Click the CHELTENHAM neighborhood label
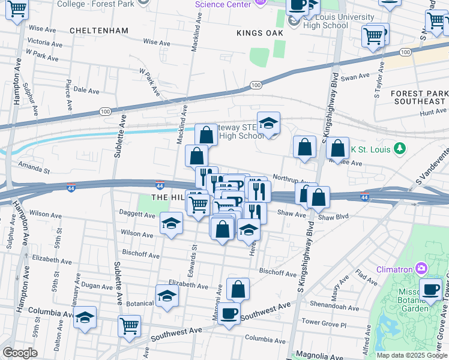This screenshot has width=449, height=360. pyautogui.click(x=99, y=30)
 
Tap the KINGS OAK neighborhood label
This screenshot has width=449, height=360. pyautogui.click(x=259, y=33)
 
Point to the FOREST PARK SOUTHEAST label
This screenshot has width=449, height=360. pyautogui.click(x=418, y=98)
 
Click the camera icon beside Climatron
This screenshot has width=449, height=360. pyautogui.click(x=423, y=267)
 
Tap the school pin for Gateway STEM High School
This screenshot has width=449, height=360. pyautogui.click(x=268, y=124)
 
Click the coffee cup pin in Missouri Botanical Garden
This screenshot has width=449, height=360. pyautogui.click(x=430, y=289)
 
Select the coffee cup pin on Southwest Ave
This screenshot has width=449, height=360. pyautogui.click(x=228, y=313)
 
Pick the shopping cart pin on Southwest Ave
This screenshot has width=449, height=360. pyautogui.click(x=129, y=326)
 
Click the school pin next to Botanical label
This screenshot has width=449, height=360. pyautogui.click(x=167, y=295)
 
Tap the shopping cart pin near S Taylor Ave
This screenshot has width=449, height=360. pyautogui.click(x=373, y=36)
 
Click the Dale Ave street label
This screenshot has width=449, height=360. pyautogui.click(x=86, y=90)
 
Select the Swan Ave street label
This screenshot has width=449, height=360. pyautogui.click(x=355, y=77)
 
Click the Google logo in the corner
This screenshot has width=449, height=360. pyautogui.click(x=20, y=353)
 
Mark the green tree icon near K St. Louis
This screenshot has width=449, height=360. pyautogui.click(x=399, y=148)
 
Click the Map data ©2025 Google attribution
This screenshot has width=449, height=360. pyautogui.click(x=412, y=355)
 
